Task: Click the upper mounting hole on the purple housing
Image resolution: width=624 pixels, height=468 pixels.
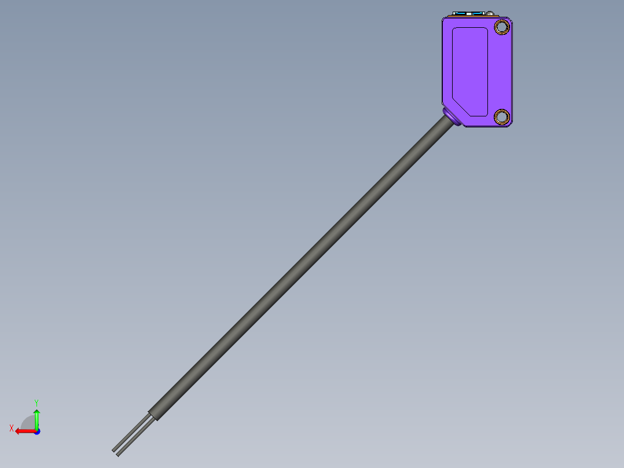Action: (501, 27)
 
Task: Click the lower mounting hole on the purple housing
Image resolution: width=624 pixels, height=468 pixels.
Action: (502, 116)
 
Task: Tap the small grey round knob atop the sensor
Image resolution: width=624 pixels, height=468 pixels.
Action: (490, 13)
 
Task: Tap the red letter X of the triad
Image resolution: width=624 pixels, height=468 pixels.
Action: (12, 429)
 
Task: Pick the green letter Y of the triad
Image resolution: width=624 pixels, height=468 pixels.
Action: (36, 402)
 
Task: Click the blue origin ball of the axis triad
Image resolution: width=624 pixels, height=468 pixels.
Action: (36, 431)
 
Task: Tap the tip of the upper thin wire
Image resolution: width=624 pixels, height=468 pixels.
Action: (114, 449)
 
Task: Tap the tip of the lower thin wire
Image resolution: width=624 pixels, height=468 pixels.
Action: (118, 454)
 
